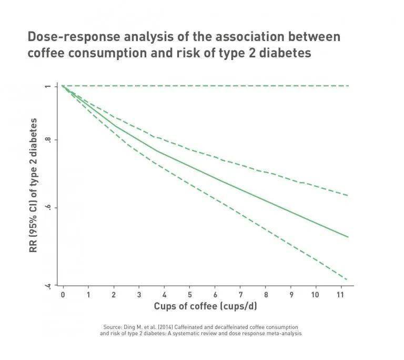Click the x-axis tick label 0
coord(63,295)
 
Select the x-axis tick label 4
coord(164,295)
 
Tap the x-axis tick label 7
coord(240,295)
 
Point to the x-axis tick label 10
coord(315,295)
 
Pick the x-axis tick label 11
coord(340,295)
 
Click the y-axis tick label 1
coord(48,86)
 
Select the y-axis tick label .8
coord(48,140)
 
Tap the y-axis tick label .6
coord(48,207)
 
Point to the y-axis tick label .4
coord(48,285)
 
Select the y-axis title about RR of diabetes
coord(33,185)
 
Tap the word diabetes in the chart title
coord(285,53)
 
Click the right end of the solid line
coord(348,237)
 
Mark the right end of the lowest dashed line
coord(348,279)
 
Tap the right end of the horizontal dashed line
coord(349,86)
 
